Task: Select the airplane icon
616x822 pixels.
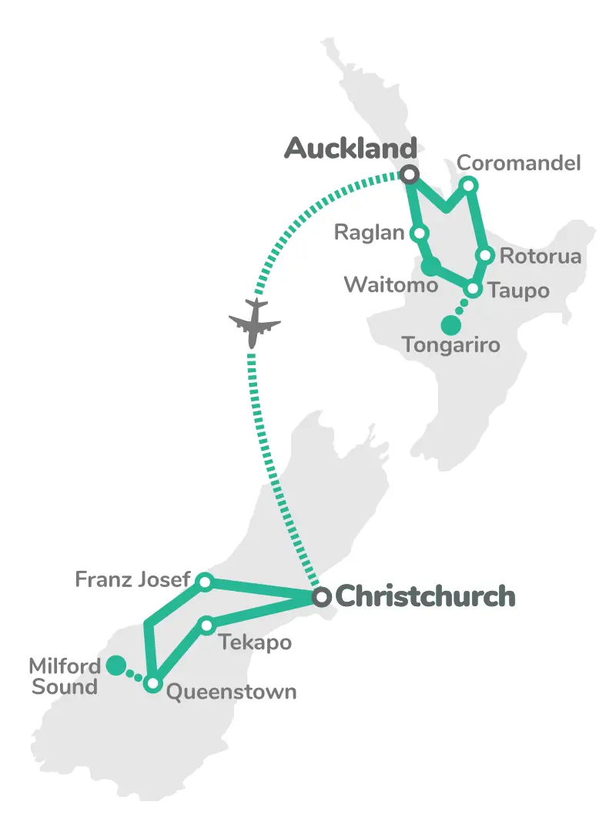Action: pos(254,321)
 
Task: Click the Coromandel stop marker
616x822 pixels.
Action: pos(468,185)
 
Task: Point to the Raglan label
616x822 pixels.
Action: pos(370,233)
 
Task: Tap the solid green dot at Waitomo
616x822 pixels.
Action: pos(430,267)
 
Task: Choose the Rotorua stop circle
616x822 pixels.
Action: pos(485,255)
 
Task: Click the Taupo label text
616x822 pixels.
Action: pos(518,291)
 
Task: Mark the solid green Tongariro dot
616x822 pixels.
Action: pos(450,325)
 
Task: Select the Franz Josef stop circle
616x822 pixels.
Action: pos(204,582)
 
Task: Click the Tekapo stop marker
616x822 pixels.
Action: pos(206,626)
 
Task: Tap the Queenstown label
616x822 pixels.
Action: pos(231,692)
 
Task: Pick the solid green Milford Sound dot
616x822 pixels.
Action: pos(115,665)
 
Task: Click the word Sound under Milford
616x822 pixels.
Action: pos(65,686)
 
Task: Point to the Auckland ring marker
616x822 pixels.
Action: pos(410,175)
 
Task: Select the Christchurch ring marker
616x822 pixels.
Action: pos(322,597)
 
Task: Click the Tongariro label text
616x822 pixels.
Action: pos(450,345)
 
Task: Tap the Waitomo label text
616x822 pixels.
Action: pos(390,285)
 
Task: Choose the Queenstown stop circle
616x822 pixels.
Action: pos(152,683)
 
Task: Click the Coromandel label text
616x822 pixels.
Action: pos(518,164)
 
